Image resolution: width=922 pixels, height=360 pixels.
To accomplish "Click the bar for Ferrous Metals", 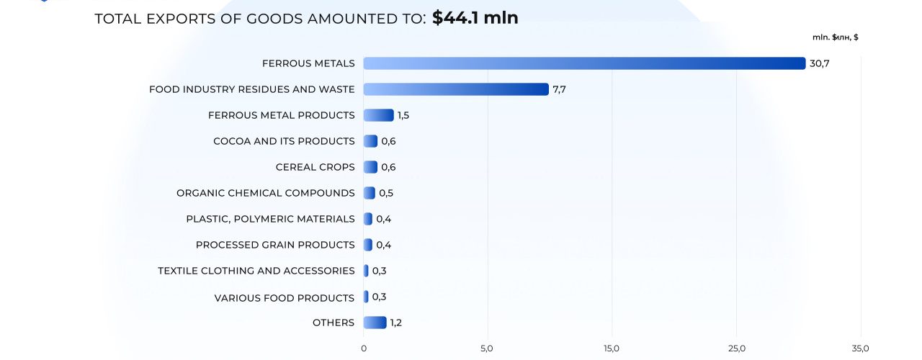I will pos(583,63).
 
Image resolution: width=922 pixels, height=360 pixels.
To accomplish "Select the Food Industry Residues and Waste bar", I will pos(455,89).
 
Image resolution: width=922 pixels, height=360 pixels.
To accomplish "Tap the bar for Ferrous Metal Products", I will pos(378,115).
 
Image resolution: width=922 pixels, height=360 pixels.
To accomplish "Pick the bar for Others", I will pos(375,323).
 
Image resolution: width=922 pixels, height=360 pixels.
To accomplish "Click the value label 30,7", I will pos(820,63).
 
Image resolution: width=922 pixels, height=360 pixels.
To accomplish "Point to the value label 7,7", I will pos(560,89).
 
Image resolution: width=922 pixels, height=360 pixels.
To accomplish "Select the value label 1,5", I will pos(403,115).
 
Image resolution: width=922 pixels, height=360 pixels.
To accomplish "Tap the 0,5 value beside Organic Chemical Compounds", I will pos(386,193).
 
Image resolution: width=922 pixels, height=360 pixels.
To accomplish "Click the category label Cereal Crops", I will pos(315,167).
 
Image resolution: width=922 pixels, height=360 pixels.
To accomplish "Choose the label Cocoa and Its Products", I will pos(284,141).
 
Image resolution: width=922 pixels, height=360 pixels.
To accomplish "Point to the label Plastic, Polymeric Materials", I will pos(270,219).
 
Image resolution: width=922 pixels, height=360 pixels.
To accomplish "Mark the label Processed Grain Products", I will pos(275,245).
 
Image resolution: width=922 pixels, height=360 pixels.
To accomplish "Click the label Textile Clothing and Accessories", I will pos(256,271).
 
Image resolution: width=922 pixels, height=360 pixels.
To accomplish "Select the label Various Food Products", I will pos(284,297).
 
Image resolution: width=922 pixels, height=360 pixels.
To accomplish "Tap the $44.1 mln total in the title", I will pos(475,18).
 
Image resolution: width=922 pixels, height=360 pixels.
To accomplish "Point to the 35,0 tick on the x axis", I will pos(860,348).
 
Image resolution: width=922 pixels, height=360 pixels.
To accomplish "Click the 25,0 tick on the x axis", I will pos(736,348).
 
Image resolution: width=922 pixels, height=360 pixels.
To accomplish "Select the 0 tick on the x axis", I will pos(364,348).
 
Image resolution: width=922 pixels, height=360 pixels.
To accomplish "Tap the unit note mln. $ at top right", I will pos(835,37).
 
